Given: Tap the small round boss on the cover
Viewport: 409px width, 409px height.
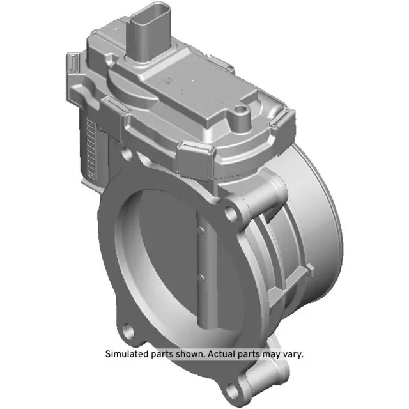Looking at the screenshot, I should [242, 116].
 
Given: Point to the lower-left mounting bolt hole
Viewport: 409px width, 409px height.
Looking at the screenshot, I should [132, 331].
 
